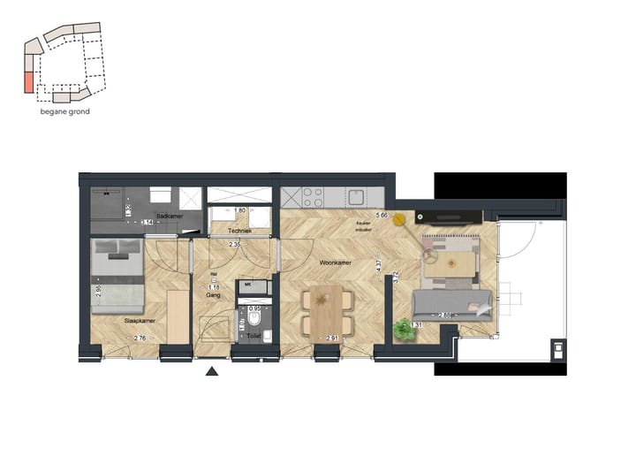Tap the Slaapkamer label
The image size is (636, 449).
(x=140, y=321)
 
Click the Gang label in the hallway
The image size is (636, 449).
(x=213, y=296)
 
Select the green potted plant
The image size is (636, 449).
(x=404, y=330)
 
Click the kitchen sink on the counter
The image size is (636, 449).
(x=357, y=196)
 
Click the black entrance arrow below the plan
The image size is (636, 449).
(x=212, y=371)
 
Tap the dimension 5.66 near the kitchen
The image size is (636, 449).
(x=382, y=215)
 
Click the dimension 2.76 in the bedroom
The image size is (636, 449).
(x=140, y=339)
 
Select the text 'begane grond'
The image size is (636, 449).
(x=65, y=112)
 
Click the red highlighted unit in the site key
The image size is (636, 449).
(x=28, y=82)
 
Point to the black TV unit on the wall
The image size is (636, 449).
(x=450, y=216)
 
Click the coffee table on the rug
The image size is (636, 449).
(x=459, y=263)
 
